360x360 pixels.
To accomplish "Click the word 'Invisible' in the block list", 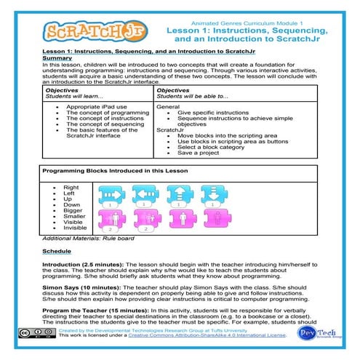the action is (76, 228).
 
